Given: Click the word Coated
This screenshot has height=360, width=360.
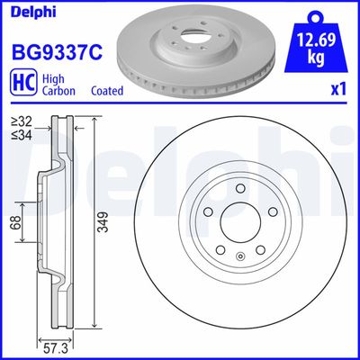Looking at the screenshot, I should [109, 91].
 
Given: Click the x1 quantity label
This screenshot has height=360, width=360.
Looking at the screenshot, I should [337, 90].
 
